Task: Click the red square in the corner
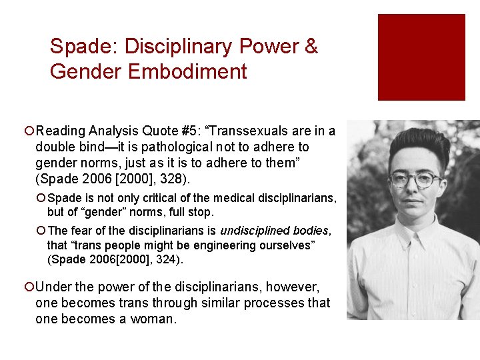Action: (421, 57)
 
